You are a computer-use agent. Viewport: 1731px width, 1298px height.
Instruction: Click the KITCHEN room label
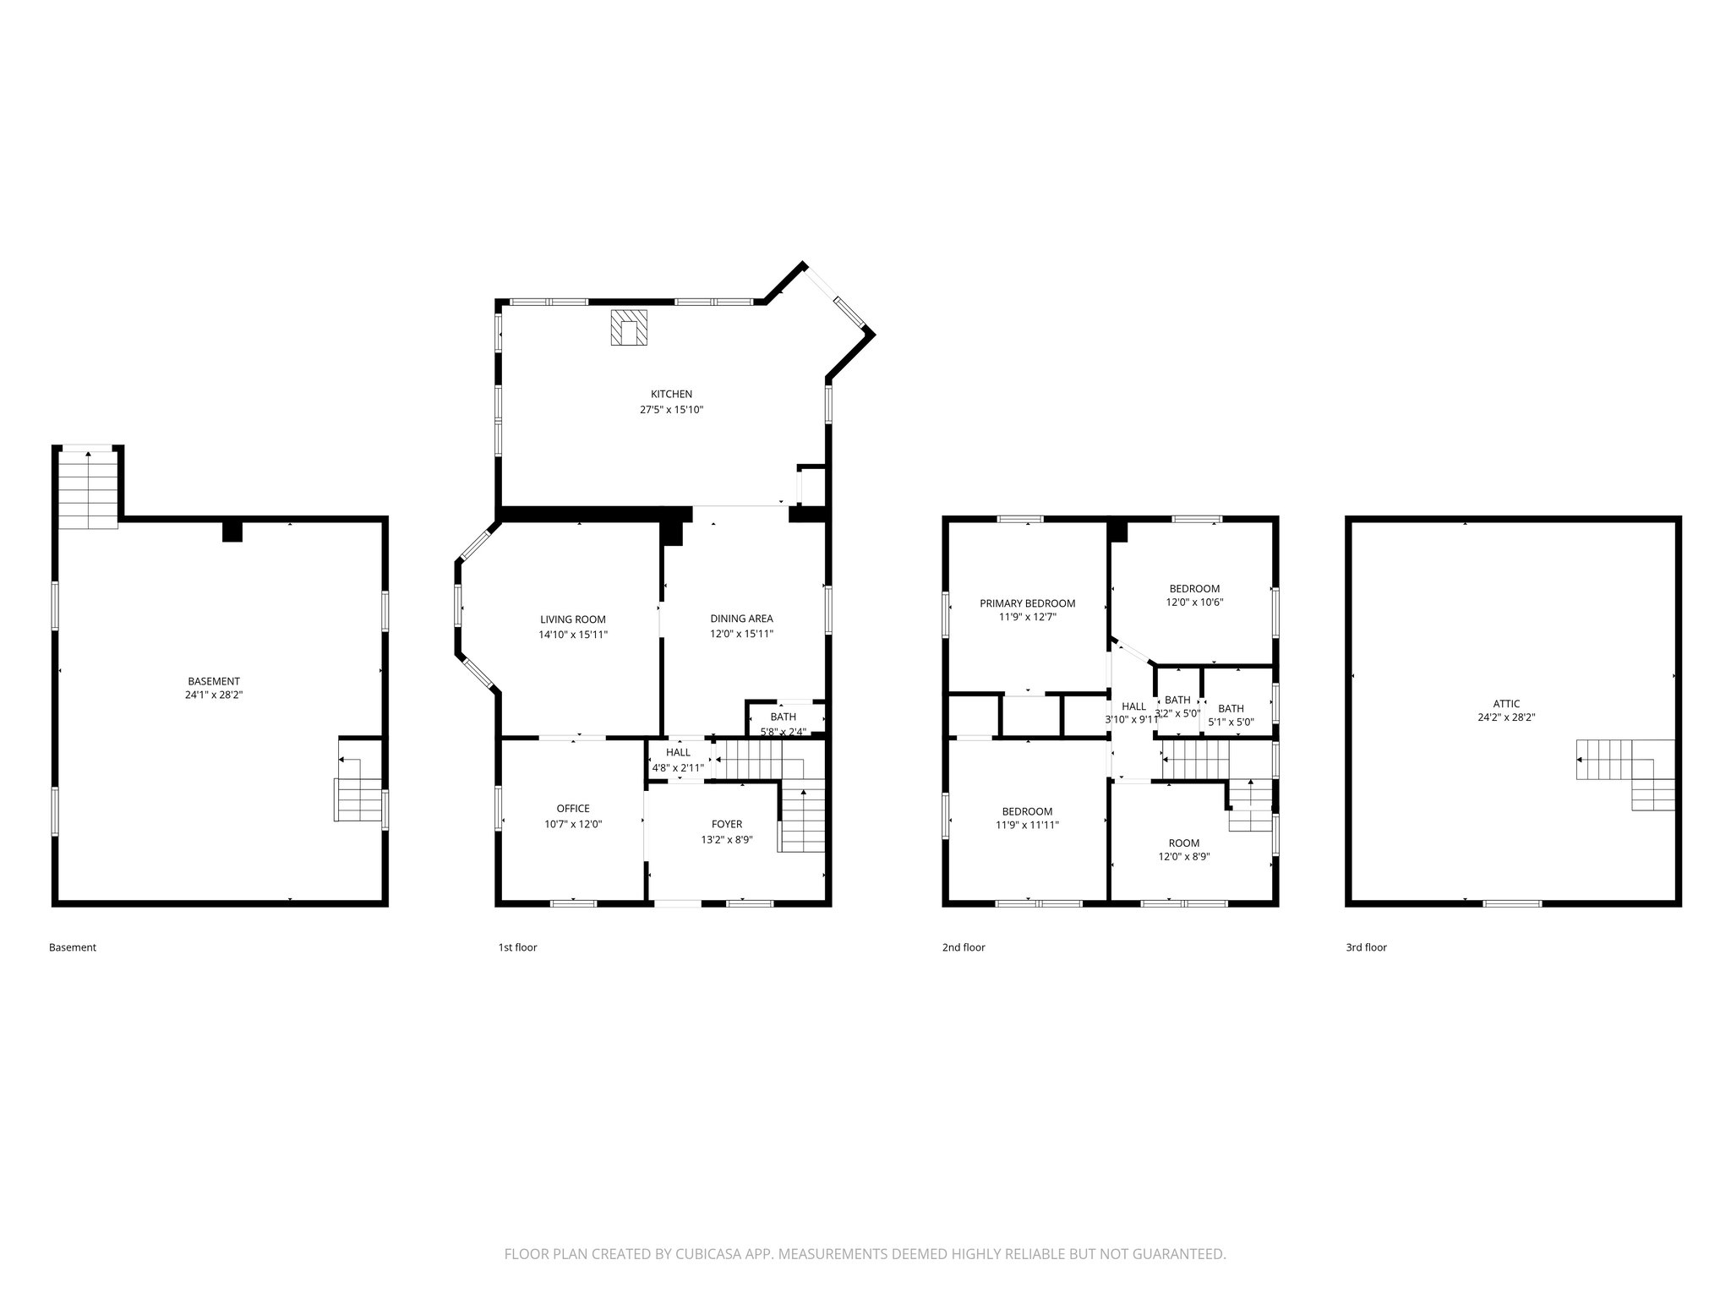pos(671,394)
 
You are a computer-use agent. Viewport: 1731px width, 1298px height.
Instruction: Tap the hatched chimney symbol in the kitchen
pos(629,328)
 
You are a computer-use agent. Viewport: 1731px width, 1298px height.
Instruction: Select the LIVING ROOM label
pos(573,619)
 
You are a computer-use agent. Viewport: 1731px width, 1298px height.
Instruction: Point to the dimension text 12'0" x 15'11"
pos(741,634)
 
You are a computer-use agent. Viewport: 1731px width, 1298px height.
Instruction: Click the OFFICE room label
pos(573,809)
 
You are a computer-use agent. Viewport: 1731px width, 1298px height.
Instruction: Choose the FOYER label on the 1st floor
pos(726,824)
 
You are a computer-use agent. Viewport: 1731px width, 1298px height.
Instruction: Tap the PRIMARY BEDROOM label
pos(1027,603)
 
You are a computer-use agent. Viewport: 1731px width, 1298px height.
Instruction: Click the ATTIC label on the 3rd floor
pos(1506,703)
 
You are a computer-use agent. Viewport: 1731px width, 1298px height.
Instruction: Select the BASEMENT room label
pos(214,681)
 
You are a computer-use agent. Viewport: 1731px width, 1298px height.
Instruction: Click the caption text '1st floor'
pos(517,947)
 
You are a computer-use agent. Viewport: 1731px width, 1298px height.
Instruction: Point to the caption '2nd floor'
pos(964,947)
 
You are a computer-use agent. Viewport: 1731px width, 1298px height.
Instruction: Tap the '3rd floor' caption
pos(1366,947)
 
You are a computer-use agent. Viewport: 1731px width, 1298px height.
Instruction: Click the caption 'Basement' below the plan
pos(73,947)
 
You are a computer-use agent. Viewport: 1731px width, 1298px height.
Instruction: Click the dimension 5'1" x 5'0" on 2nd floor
pos(1231,723)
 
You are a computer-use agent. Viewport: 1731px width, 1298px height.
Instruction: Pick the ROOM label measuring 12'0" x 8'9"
pos(1183,843)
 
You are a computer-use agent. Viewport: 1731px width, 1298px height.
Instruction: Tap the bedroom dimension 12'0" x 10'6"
pos(1194,603)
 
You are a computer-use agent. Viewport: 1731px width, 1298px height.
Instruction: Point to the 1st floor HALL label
pos(678,752)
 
